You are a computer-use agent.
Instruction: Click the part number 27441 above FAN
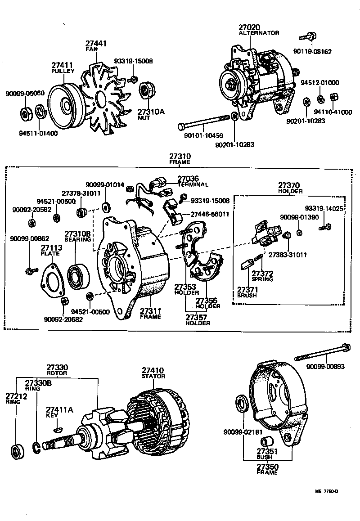(x=96, y=44)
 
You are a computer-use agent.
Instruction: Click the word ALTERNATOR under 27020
(x=259, y=33)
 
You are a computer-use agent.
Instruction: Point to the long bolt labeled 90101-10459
(x=203, y=121)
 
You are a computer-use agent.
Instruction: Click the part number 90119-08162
(x=315, y=52)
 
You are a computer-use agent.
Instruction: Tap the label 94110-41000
(x=333, y=112)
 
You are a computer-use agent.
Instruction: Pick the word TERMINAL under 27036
(x=192, y=184)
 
